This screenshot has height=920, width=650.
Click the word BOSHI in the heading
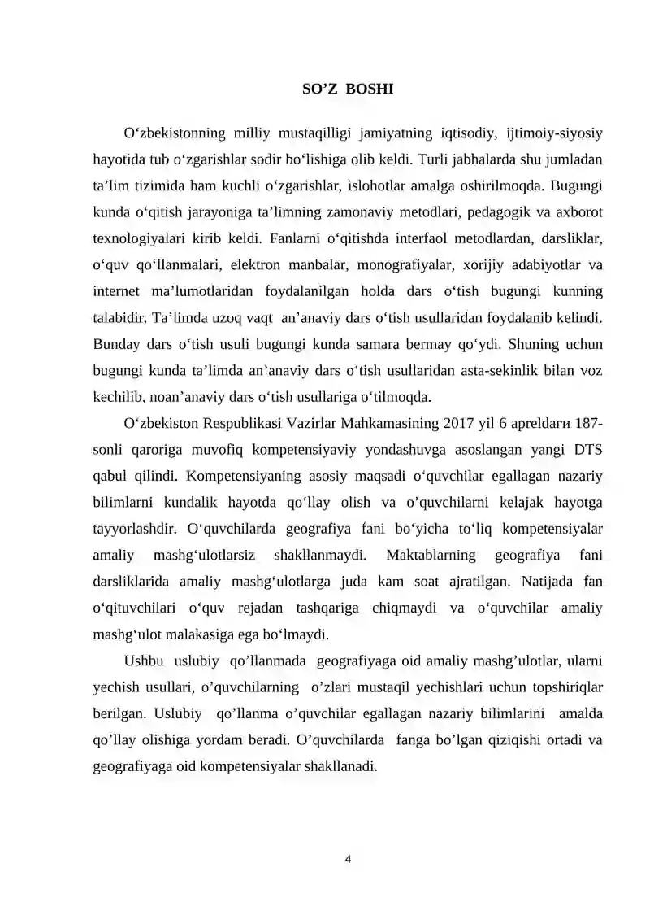pos(370,89)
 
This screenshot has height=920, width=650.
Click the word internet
pos(117,290)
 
